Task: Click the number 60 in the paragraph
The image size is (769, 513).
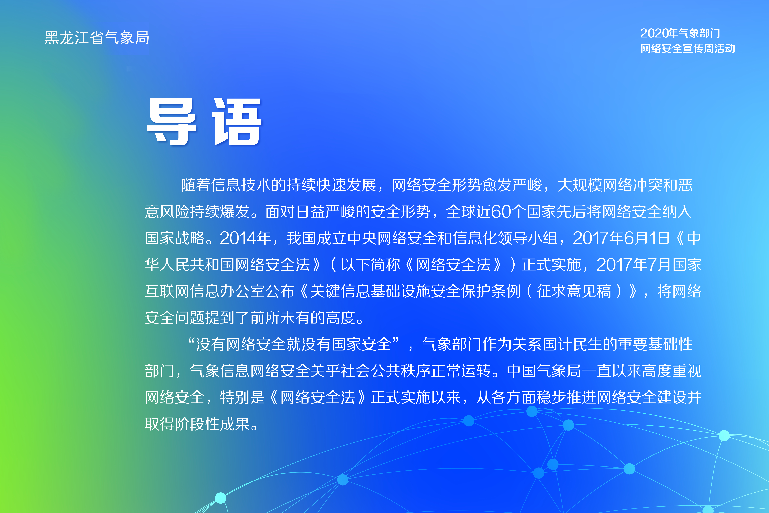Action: point(501,212)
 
